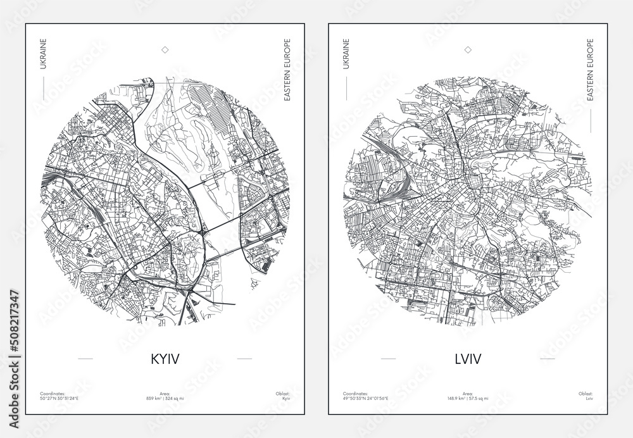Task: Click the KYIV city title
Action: coord(165,359)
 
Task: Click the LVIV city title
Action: coord(467,359)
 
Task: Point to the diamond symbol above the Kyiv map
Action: coord(165,49)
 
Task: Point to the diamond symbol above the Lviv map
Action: coord(468,49)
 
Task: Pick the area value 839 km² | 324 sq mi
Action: coord(165,399)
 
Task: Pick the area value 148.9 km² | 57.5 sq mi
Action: coord(468,399)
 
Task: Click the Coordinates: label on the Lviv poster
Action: coord(354,393)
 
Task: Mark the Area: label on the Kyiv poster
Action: coord(165,393)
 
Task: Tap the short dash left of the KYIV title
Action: coord(85,359)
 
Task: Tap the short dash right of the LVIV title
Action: coord(548,359)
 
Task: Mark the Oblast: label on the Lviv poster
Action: coord(586,393)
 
